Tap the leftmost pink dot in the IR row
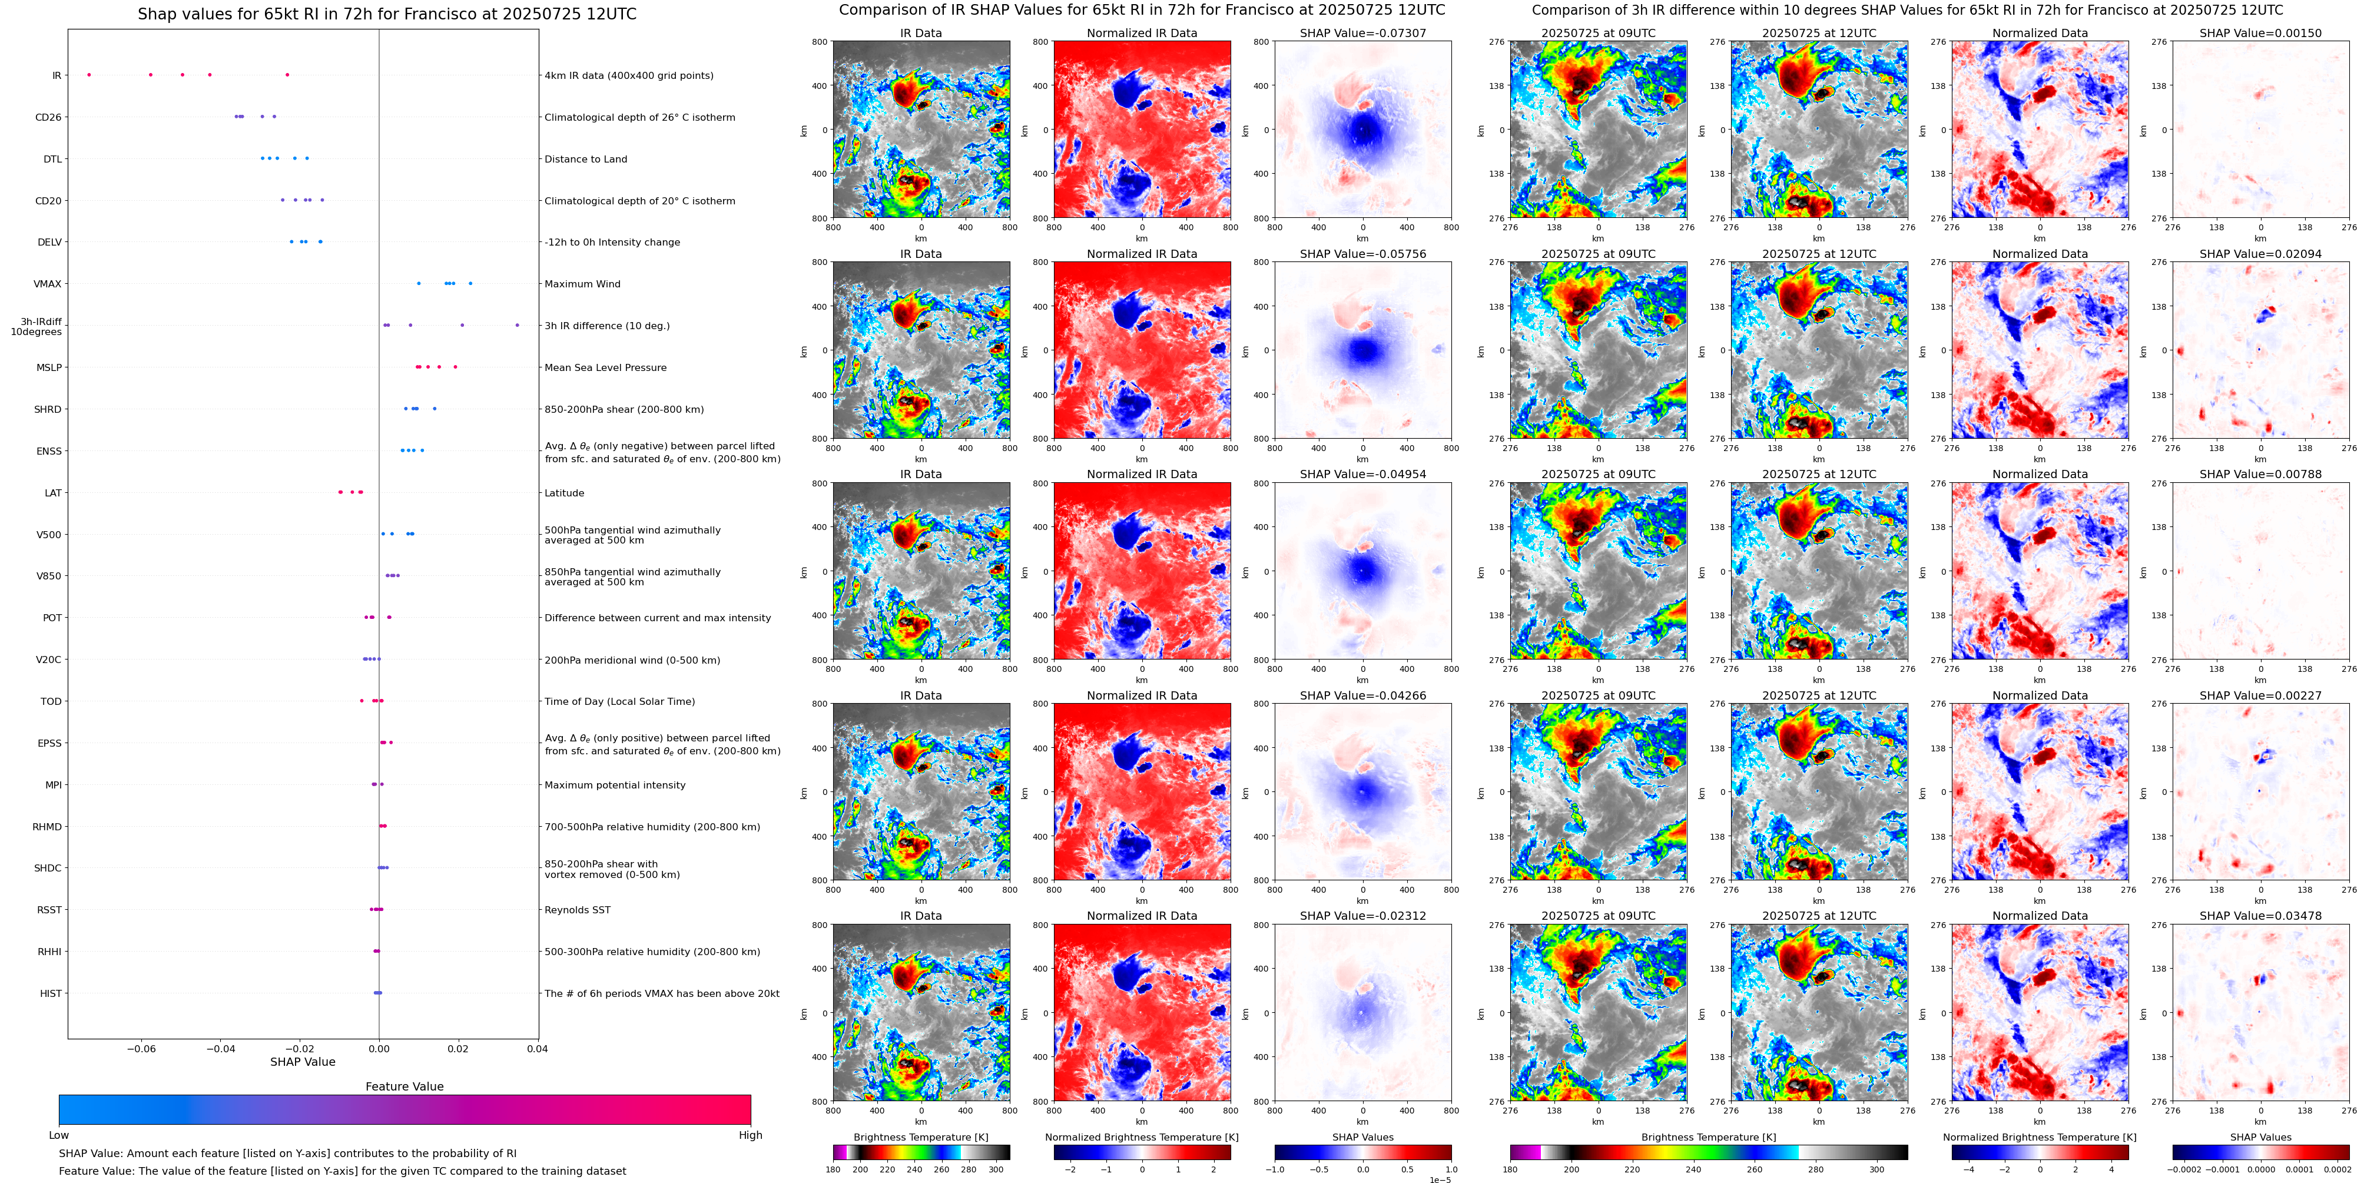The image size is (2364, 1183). click(88, 74)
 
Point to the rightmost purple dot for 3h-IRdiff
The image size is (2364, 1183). click(517, 325)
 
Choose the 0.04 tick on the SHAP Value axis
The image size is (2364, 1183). click(537, 1049)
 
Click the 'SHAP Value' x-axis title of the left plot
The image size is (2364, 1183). click(302, 1062)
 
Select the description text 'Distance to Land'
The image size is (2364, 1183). click(585, 159)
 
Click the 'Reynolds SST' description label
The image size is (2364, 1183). click(577, 910)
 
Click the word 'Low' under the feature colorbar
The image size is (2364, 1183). click(59, 1135)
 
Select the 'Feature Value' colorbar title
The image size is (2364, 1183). click(404, 1086)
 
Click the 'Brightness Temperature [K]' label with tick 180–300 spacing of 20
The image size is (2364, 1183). click(920, 1137)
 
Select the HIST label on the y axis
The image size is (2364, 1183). click(51, 993)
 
